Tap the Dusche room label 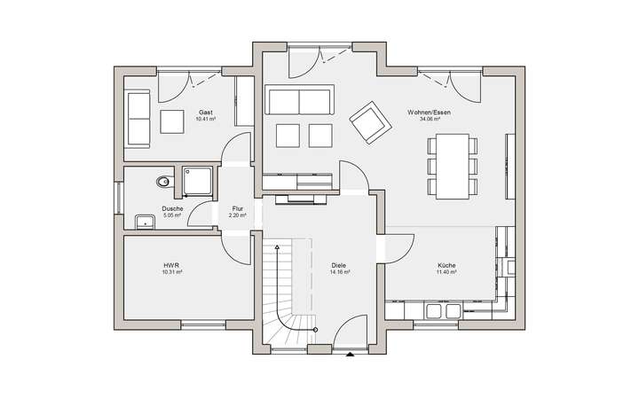point(172,209)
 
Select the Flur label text point(236,209)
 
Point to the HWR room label point(172,266)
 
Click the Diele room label point(338,266)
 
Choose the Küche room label point(446,266)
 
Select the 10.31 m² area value point(172,272)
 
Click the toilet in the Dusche point(162,182)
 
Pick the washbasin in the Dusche point(145,220)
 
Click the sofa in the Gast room point(138,118)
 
